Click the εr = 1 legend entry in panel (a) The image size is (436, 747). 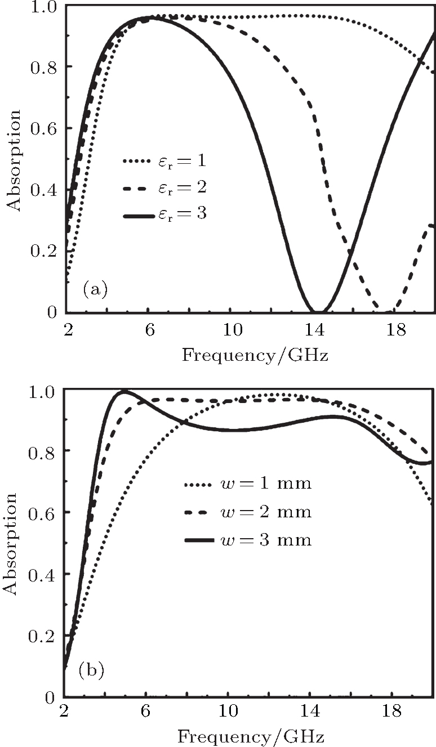[x=163, y=162]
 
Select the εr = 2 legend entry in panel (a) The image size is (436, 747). [x=163, y=188]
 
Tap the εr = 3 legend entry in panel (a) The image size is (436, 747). [x=163, y=214]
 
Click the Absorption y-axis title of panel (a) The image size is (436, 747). [x=14, y=160]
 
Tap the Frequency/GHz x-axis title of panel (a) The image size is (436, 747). [x=255, y=356]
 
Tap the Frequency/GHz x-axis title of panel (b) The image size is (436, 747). [x=251, y=736]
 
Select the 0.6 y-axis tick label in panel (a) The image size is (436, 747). [x=44, y=128]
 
